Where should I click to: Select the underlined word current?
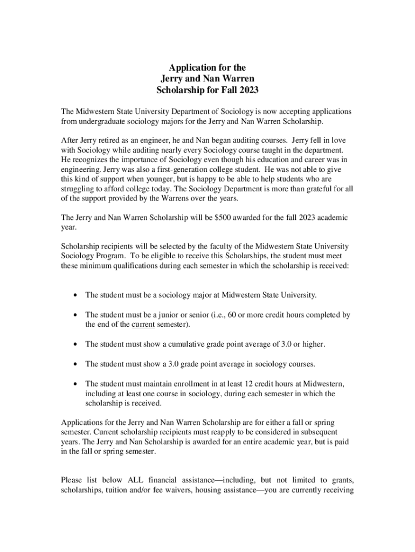143,324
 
